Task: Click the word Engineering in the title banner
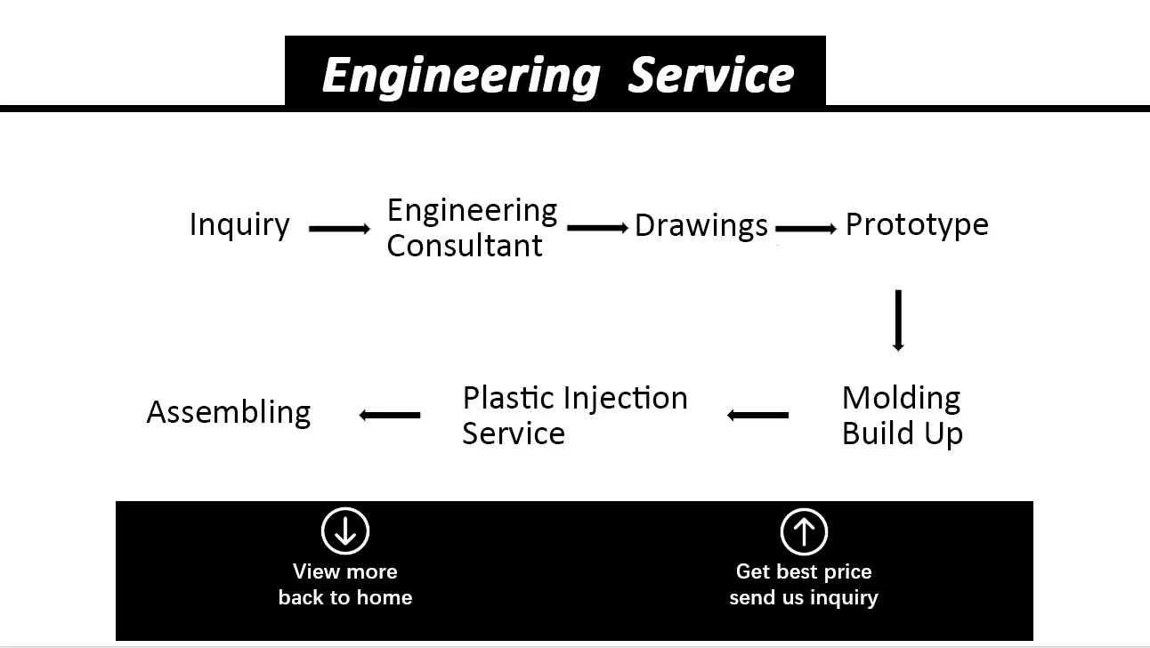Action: tap(460, 75)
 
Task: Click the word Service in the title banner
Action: tap(710, 75)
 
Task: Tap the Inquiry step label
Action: tap(239, 225)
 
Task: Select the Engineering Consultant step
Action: tap(471, 228)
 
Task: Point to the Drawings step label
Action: tap(701, 226)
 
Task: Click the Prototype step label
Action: tap(916, 224)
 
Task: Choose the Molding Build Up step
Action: tap(902, 416)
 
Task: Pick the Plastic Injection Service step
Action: tap(574, 416)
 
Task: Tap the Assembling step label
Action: tap(229, 412)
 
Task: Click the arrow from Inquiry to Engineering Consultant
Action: tap(339, 229)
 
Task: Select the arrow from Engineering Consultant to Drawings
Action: tap(597, 228)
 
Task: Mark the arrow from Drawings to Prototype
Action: tap(806, 229)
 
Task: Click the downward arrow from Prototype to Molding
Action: tap(898, 320)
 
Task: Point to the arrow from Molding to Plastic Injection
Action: tap(757, 415)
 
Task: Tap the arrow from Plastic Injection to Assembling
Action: tap(390, 415)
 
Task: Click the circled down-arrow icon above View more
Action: tap(345, 531)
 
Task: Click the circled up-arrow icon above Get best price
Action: tap(804, 531)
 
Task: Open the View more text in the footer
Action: tap(345, 571)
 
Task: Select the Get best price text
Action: tap(804, 571)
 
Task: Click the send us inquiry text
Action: tap(804, 597)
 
